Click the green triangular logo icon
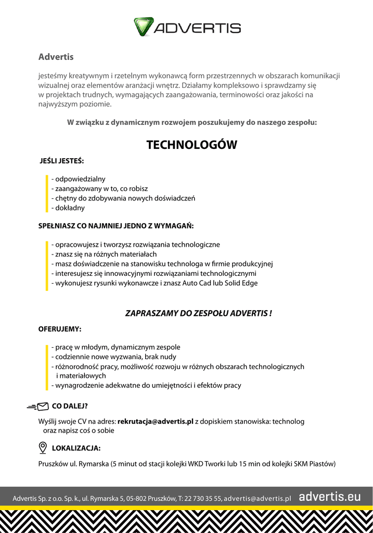[144, 27]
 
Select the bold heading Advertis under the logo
[56, 57]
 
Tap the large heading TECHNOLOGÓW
[191, 145]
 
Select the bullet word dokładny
[70, 208]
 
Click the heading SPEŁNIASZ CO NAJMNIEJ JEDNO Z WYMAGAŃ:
[115, 226]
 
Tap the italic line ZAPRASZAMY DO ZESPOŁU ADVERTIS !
[199, 313]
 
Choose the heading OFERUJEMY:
[60, 329]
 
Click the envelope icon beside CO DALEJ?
[43, 406]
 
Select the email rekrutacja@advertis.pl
[156, 421]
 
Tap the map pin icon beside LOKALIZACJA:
[43, 448]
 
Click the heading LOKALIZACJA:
[76, 448]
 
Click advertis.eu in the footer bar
[329, 497]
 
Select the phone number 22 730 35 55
[203, 498]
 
